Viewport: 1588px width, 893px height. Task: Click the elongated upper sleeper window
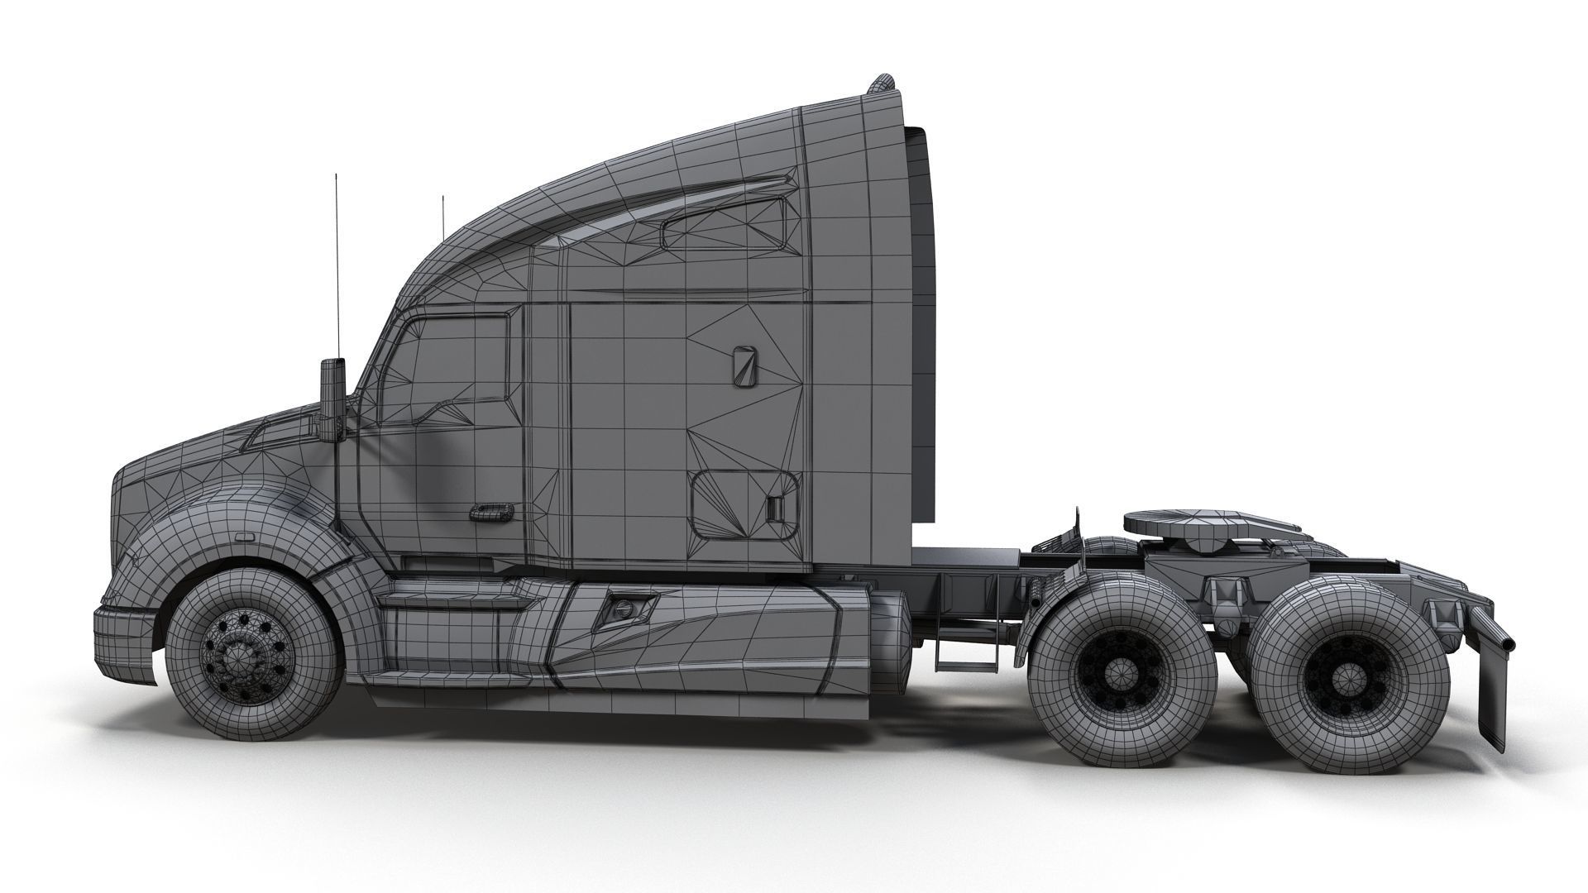[725, 223]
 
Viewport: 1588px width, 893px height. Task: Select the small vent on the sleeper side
[744, 365]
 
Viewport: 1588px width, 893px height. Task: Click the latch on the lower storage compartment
[775, 509]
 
